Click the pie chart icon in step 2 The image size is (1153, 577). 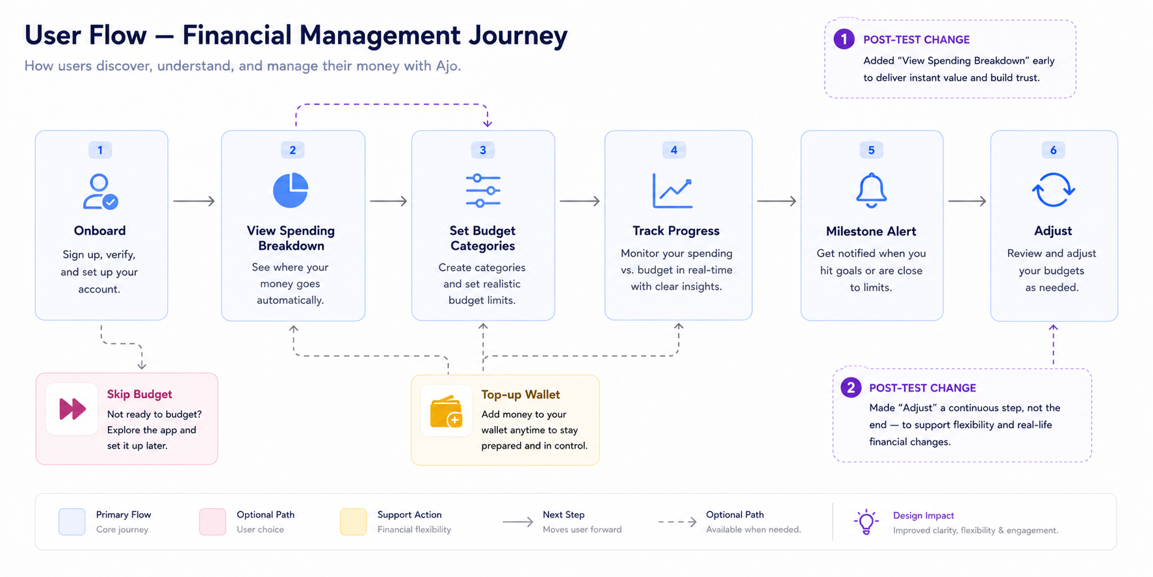point(291,190)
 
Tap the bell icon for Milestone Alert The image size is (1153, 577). point(871,191)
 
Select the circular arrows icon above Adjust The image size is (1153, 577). point(1053,190)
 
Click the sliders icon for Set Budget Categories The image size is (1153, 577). point(483,191)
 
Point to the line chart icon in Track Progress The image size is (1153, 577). point(673,191)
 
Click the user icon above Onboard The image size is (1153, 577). point(100,191)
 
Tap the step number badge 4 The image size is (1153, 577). point(674,150)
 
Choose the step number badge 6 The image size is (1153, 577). point(1053,150)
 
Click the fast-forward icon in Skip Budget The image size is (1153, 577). point(72,409)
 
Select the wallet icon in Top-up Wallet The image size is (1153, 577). point(446,412)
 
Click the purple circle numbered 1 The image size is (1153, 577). point(844,39)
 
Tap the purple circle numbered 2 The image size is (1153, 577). point(851,388)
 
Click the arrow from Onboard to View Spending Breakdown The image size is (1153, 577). point(194,201)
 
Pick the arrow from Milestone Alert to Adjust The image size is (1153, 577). point(967,201)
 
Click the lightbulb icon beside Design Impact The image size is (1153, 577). point(866,522)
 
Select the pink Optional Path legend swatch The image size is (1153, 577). point(213,522)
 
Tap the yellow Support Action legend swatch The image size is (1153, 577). point(354,522)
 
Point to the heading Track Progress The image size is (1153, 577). point(676,231)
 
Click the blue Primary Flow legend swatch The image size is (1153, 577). point(72,522)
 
